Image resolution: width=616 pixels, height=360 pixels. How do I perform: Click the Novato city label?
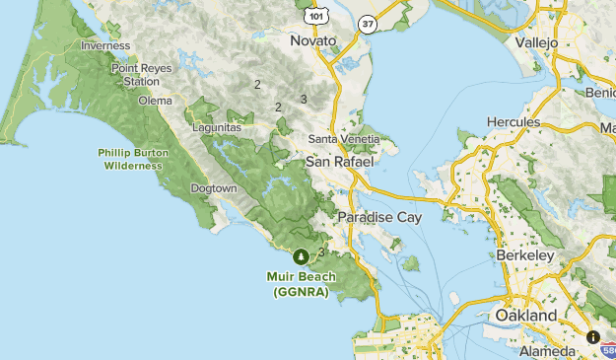coord(313,40)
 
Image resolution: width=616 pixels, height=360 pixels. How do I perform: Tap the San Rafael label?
coord(338,161)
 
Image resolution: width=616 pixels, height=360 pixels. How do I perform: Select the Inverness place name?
coord(105,46)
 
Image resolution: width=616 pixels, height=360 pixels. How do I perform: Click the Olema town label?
coord(155,101)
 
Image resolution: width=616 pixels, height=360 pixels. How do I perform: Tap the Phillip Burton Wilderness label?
coord(130,159)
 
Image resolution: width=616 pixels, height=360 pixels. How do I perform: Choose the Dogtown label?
coord(214,188)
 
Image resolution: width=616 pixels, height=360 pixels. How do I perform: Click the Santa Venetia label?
coord(342,139)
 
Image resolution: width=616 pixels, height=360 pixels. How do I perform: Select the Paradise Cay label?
coord(379,217)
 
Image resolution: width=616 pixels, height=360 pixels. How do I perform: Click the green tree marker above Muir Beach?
coord(302,255)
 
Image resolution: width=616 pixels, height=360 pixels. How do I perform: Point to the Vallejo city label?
coord(536,43)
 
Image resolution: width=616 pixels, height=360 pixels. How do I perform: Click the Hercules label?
coord(513,122)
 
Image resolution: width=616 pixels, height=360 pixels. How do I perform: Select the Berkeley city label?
coord(524,255)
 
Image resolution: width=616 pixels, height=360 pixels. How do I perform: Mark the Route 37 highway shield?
coord(367,24)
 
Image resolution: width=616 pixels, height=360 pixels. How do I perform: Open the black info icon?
coord(593,337)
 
